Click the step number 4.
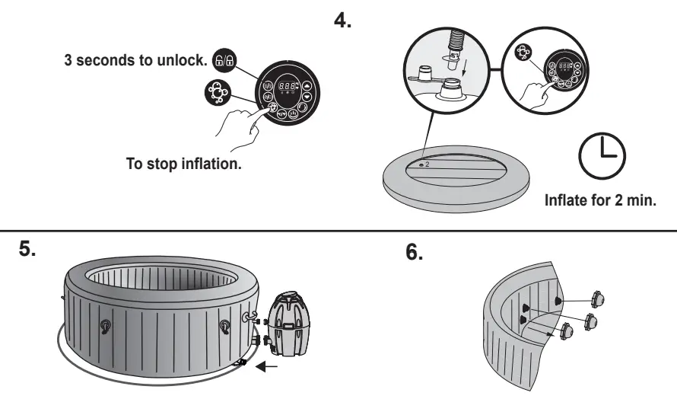[343, 21]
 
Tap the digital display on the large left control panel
[288, 87]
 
